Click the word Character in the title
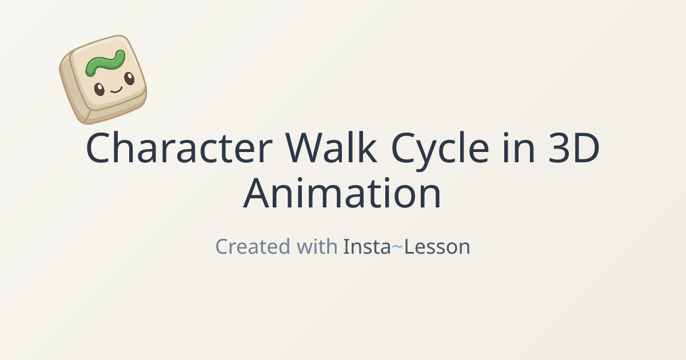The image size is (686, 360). [x=180, y=147]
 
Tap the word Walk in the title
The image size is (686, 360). [x=331, y=147]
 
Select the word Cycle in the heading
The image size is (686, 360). [x=440, y=151]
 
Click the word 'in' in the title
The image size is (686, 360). [x=519, y=147]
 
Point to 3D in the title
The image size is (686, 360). [x=573, y=147]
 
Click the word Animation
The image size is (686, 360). [x=342, y=193]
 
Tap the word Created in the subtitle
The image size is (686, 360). [x=253, y=246]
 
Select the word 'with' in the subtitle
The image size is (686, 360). [x=317, y=246]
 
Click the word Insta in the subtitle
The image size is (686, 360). [x=367, y=246]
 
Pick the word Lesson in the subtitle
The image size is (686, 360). [x=437, y=247]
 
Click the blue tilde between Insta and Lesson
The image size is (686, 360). [x=397, y=246]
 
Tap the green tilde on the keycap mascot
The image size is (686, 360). [x=105, y=63]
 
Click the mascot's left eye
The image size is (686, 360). [x=99, y=89]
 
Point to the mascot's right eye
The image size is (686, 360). [x=129, y=78]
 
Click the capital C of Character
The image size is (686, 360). [x=98, y=147]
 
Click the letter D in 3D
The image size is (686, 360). [x=587, y=147]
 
